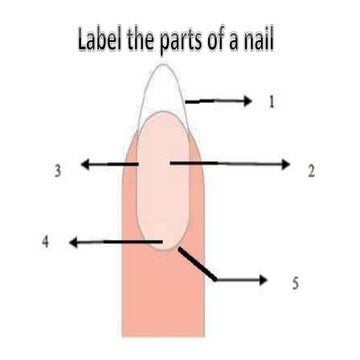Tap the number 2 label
[311, 171]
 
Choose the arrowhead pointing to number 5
[264, 279]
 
